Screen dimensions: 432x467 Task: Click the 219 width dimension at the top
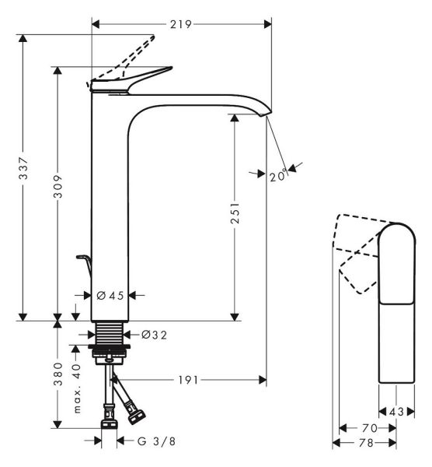pos(181,24)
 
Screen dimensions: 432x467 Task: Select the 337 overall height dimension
pos(23,168)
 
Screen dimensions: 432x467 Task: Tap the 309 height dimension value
pos(57,187)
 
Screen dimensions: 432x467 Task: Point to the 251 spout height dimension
pos(235,213)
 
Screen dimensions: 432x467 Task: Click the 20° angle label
pos(279,176)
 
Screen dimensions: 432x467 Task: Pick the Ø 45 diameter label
pos(110,296)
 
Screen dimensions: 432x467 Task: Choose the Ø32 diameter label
pos(154,335)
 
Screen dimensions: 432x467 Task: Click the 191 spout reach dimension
pos(188,380)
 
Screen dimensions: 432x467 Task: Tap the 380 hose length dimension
pos(57,374)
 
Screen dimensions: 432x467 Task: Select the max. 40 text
pos(77,388)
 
